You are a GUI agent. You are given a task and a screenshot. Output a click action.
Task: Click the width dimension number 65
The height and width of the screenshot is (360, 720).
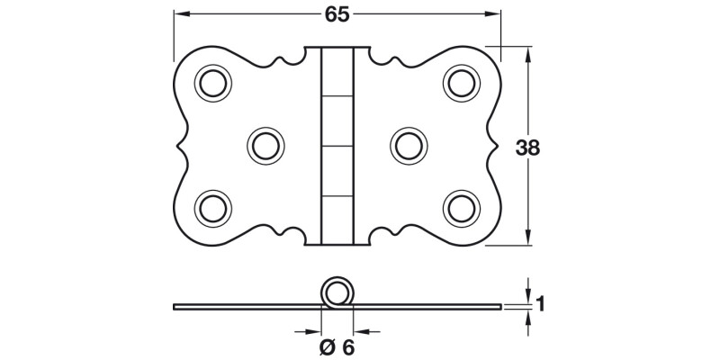(337, 15)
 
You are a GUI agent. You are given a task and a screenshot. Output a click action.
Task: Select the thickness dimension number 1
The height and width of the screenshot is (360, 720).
(540, 304)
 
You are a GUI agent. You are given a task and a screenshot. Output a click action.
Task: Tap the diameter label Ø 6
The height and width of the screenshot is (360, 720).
(336, 346)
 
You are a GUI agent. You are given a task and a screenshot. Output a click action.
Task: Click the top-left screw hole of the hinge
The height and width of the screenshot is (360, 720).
(214, 83)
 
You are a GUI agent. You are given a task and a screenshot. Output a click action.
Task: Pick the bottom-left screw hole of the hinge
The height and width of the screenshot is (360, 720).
(214, 206)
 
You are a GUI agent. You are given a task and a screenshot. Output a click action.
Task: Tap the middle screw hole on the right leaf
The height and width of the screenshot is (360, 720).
(409, 144)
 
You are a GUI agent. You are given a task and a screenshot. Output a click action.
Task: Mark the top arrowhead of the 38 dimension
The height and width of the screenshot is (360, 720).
(527, 52)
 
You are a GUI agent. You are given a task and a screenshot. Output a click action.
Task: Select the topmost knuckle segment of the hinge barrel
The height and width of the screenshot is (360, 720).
(337, 70)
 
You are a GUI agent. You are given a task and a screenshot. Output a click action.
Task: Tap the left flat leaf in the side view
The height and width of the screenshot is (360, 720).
(243, 306)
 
